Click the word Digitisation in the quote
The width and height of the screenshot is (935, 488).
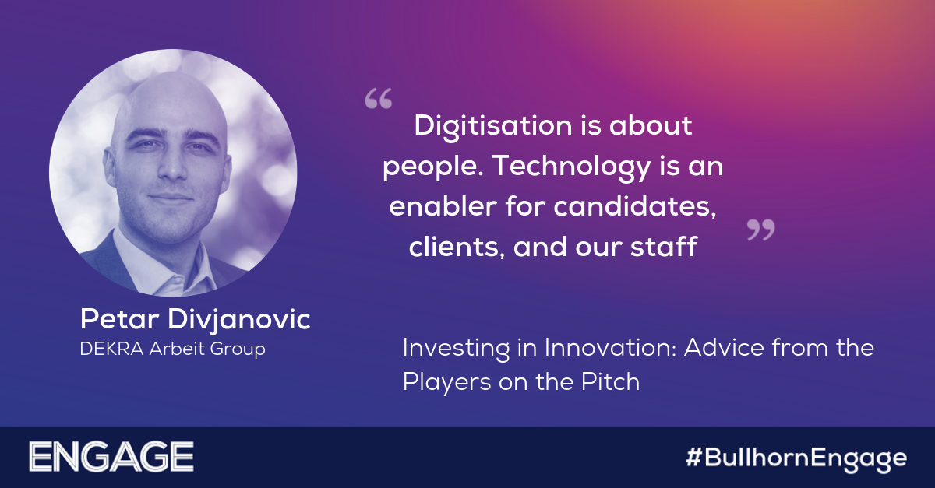pos(493,127)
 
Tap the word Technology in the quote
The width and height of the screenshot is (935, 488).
pos(571,167)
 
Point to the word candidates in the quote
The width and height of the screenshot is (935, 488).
pos(635,206)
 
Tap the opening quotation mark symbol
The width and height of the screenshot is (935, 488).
pos(379,98)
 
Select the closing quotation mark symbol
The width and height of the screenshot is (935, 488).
pos(761,230)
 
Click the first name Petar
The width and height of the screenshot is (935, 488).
pos(119,319)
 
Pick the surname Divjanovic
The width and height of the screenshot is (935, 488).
pos(239,321)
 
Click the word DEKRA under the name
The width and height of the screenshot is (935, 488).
pos(112,349)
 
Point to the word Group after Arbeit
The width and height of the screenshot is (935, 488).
pos(237,349)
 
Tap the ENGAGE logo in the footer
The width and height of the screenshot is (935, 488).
pos(111,457)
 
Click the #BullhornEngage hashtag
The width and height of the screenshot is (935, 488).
pos(796,458)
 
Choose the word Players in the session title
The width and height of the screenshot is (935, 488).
pos(447,382)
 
